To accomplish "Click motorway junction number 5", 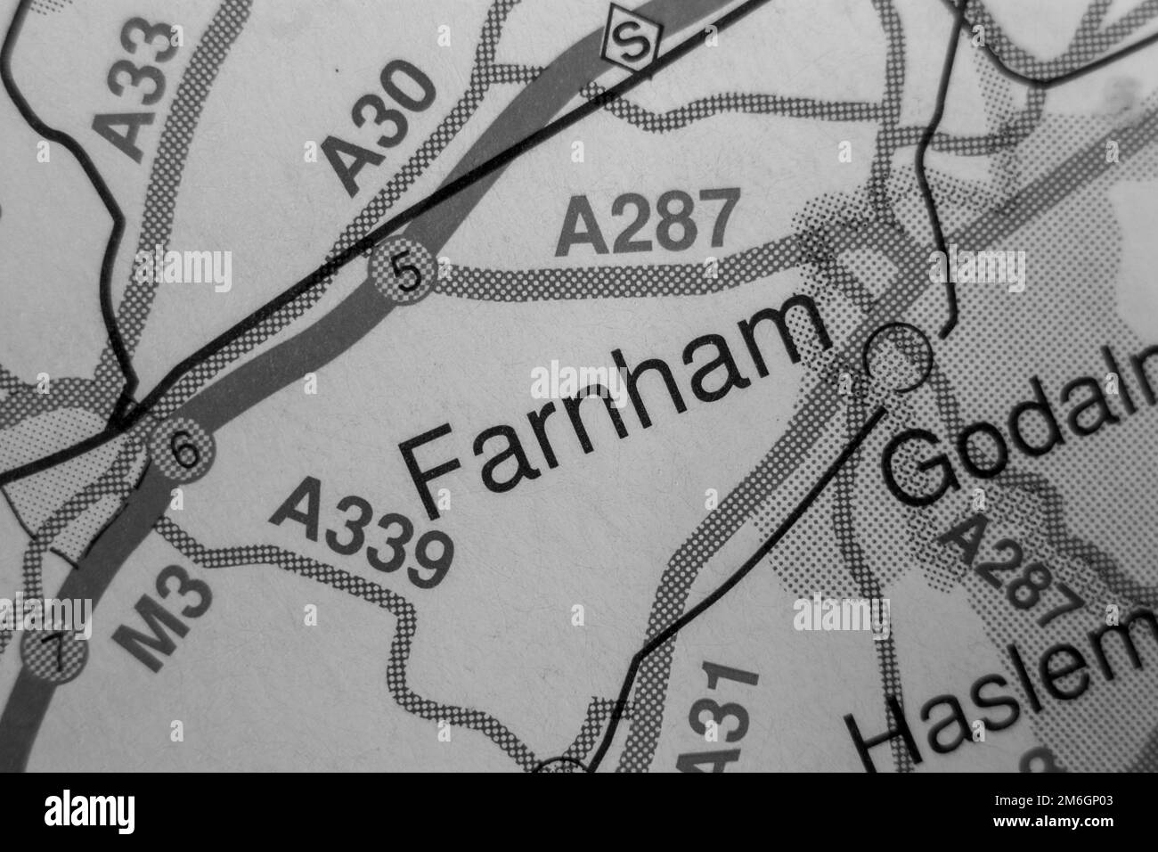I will coord(406,274).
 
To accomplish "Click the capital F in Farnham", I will coord(436,471).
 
